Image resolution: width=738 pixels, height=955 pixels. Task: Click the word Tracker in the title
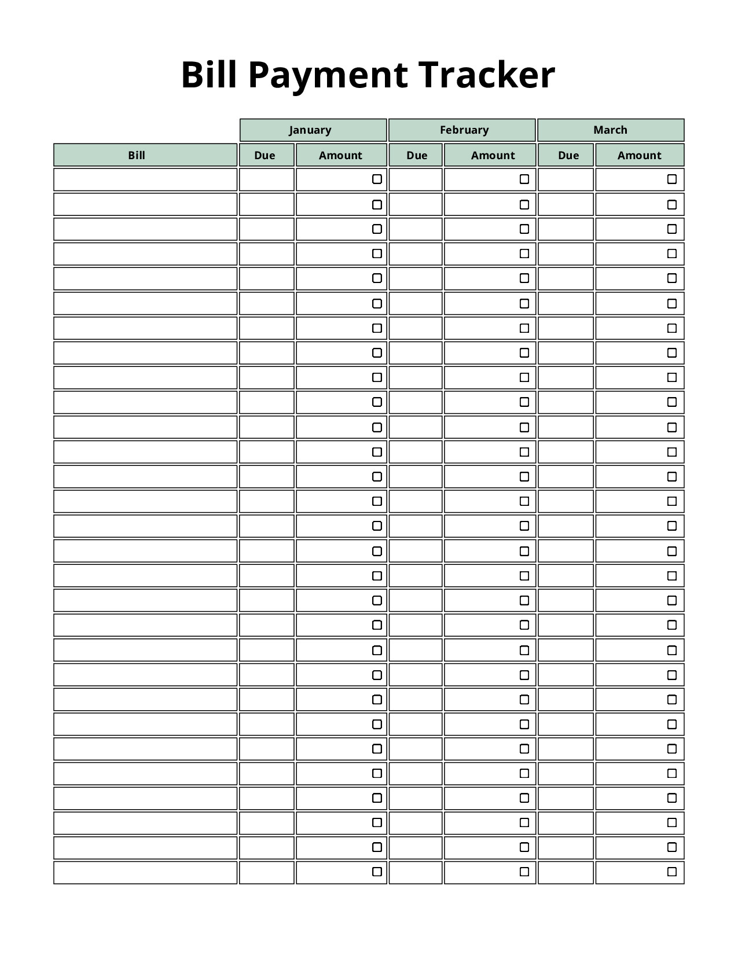[x=486, y=75]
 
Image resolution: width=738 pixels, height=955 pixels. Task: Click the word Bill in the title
[x=209, y=75]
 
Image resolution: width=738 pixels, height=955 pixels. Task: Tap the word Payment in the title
[x=328, y=75]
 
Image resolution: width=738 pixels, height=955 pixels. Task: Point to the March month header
[x=611, y=130]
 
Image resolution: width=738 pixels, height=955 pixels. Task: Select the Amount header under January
[x=341, y=155]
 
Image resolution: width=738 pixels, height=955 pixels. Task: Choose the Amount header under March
[x=640, y=155]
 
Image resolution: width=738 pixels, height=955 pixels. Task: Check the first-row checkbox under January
[x=377, y=179]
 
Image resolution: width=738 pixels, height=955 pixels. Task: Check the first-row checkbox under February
[x=524, y=179]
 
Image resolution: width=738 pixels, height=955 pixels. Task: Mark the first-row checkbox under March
[x=672, y=179]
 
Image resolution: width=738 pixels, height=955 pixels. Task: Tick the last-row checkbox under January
[x=377, y=872]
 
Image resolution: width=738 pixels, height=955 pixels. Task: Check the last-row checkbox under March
[x=672, y=872]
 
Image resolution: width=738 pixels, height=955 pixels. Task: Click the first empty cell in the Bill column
[x=145, y=179]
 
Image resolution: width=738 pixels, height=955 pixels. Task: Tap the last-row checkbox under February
[x=524, y=872]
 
